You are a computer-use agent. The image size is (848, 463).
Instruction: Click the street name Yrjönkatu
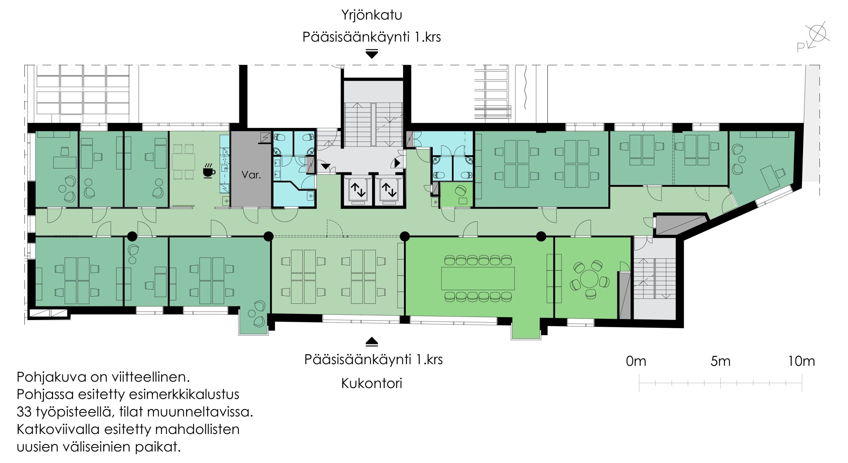tap(371, 15)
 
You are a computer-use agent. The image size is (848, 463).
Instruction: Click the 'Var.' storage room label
tap(251, 175)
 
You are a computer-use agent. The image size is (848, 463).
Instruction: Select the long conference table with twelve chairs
tap(478, 278)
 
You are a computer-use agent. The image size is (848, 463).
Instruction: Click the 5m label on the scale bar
tap(721, 362)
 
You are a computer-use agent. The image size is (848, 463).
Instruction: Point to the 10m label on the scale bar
tap(801, 362)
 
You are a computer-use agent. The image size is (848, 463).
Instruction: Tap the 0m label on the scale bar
tap(636, 362)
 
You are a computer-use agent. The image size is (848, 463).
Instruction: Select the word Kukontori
tap(371, 384)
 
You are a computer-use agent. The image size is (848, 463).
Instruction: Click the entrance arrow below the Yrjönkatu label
tap(372, 54)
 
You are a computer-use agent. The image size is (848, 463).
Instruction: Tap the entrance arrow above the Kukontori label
tap(372, 342)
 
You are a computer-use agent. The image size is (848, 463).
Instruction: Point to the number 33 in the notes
tap(24, 412)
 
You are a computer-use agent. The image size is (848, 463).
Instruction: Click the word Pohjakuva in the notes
tap(52, 377)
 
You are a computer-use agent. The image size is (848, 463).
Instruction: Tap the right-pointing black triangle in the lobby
tap(397, 163)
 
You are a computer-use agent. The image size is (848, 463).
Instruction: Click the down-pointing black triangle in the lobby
tap(325, 166)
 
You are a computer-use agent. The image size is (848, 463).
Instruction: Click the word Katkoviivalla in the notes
tap(58, 429)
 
